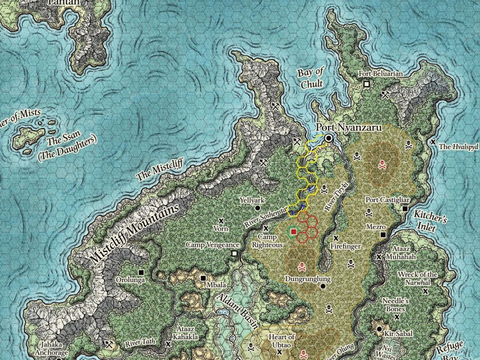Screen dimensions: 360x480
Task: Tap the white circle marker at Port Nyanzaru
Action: (329, 137)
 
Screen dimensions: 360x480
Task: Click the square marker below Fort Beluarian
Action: (367, 85)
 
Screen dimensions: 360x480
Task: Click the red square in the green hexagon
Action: (293, 231)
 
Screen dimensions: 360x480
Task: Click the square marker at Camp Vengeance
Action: (234, 254)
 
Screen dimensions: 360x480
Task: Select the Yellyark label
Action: (252, 200)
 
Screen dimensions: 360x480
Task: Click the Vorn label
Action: (221, 228)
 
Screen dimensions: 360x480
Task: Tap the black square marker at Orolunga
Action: (142, 272)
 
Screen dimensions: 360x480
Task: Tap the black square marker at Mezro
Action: (383, 235)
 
